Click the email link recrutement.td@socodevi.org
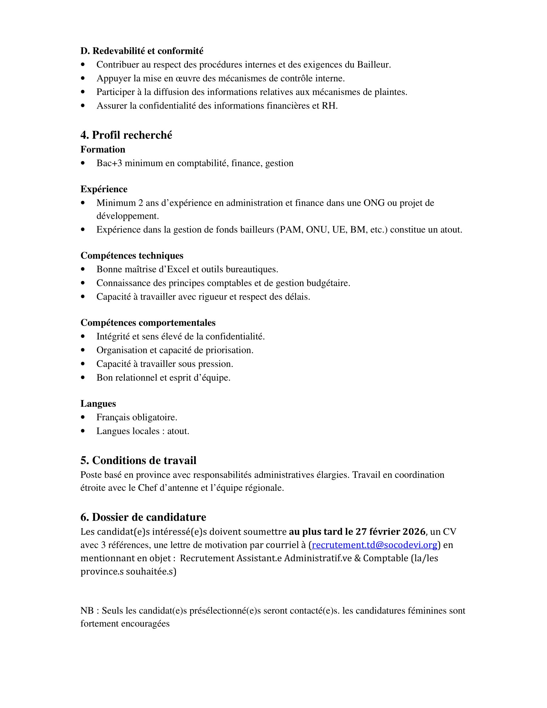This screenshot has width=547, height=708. (374, 545)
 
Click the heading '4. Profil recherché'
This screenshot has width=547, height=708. (126, 135)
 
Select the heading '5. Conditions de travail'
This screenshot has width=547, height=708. (138, 460)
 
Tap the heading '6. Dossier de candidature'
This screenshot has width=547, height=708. (143, 517)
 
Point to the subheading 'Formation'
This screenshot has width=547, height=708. (103, 149)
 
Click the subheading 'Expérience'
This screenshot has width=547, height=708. (104, 189)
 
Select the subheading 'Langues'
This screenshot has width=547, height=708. (98, 404)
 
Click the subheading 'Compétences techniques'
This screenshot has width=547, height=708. (132, 256)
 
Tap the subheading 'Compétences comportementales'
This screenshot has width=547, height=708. (148, 322)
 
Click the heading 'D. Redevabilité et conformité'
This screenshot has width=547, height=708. (142, 51)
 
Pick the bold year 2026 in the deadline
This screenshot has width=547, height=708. (413, 532)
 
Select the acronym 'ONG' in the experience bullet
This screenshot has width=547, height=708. (374, 203)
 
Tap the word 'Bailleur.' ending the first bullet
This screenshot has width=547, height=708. (374, 65)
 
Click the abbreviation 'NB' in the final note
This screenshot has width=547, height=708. (87, 611)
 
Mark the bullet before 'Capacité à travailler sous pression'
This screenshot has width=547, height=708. (83, 364)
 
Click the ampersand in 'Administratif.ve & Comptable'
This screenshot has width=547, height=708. (357, 558)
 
